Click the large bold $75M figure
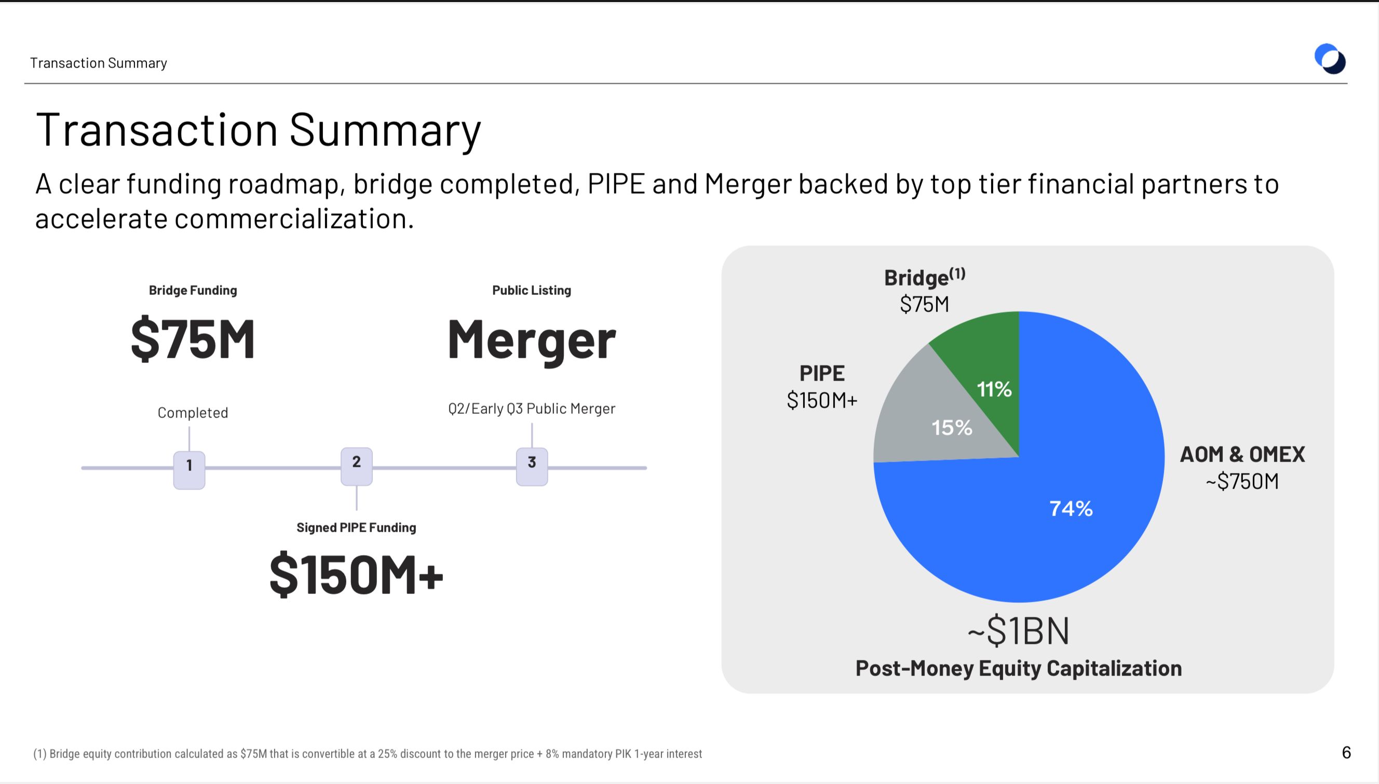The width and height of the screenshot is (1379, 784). coord(193,339)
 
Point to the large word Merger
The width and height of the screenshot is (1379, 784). coord(532,340)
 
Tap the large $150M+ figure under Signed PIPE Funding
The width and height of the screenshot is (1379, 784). coord(357,575)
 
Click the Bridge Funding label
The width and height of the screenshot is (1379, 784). coord(193,290)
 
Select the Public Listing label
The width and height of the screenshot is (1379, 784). coord(532,290)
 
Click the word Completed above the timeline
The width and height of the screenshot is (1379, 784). coord(193,412)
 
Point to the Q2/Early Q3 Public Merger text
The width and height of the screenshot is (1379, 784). coord(532,409)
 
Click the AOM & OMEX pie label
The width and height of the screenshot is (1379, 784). coord(1242,454)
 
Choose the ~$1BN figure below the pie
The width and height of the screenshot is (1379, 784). coord(1019,630)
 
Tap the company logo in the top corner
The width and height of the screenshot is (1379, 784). coord(1330,59)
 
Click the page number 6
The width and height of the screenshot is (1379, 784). coord(1346,752)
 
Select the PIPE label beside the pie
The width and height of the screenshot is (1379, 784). coord(822,373)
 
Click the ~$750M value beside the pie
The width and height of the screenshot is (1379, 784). coord(1242,481)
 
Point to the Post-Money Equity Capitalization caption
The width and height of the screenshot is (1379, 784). coord(1019,668)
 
